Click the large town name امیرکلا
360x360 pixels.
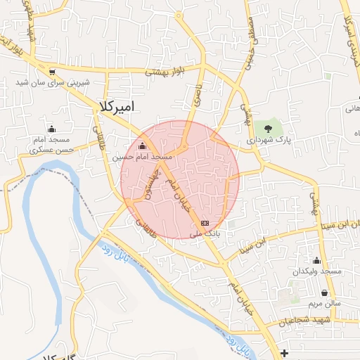coord(118,106)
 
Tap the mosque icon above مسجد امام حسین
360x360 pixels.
coord(143,146)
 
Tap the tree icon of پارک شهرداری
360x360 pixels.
coord(268,128)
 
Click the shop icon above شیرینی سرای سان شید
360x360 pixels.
coord(52,72)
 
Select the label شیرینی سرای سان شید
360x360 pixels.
coord(54,82)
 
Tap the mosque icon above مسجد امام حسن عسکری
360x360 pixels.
coord(52,129)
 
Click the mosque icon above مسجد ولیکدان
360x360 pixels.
coord(316,261)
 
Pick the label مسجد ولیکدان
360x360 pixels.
coord(318,271)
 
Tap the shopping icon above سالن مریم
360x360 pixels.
coord(324,293)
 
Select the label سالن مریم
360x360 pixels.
coord(323,304)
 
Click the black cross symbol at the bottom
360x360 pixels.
coord(283,352)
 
